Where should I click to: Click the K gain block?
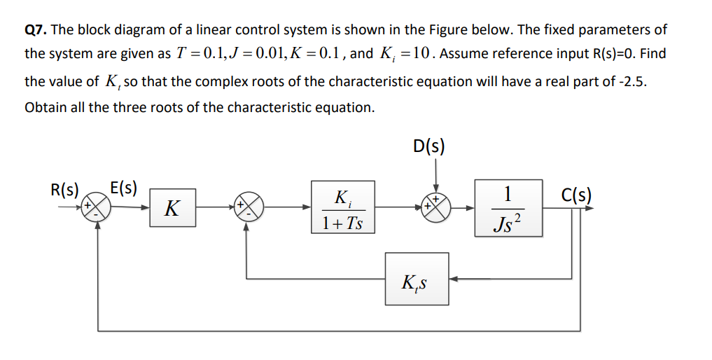(x=172, y=207)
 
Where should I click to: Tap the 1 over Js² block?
(x=507, y=207)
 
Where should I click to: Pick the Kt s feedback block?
(x=417, y=279)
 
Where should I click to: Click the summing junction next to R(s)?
(x=96, y=207)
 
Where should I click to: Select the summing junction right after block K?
(x=247, y=207)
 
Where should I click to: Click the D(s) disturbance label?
(x=429, y=147)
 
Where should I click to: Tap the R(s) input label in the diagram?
(x=64, y=189)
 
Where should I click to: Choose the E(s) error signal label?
(x=124, y=188)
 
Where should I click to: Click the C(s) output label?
(x=575, y=193)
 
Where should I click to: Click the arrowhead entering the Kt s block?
(x=453, y=279)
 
